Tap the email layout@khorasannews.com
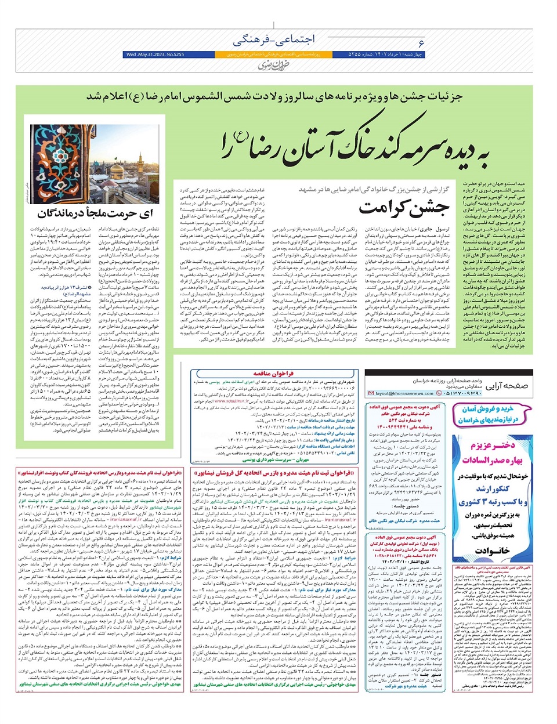coord(406,393)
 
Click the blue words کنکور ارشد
coord(500,490)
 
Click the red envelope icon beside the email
coord(371,393)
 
